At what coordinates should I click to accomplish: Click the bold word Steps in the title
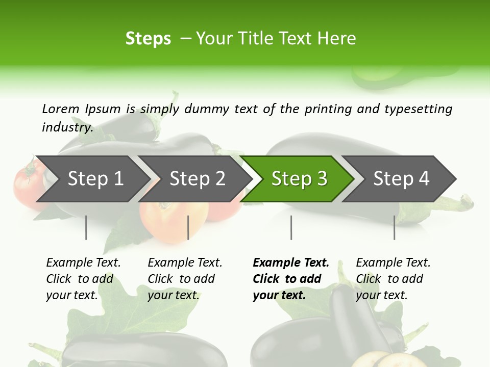coord(148,38)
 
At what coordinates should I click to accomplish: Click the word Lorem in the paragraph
coord(60,109)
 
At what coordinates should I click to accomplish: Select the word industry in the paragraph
coord(67,127)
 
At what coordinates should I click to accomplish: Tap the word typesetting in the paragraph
coord(418,109)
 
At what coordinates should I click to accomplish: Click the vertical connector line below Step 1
coord(86,227)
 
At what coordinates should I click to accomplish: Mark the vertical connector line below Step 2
coord(188,227)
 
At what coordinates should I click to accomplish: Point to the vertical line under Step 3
coord(291,227)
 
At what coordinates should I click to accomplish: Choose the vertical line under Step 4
coord(394,227)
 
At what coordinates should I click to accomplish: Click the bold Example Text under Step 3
coord(291,263)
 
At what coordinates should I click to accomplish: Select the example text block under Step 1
coord(83,279)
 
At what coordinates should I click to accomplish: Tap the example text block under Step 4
coord(393,279)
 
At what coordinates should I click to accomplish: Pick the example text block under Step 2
coord(185,279)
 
